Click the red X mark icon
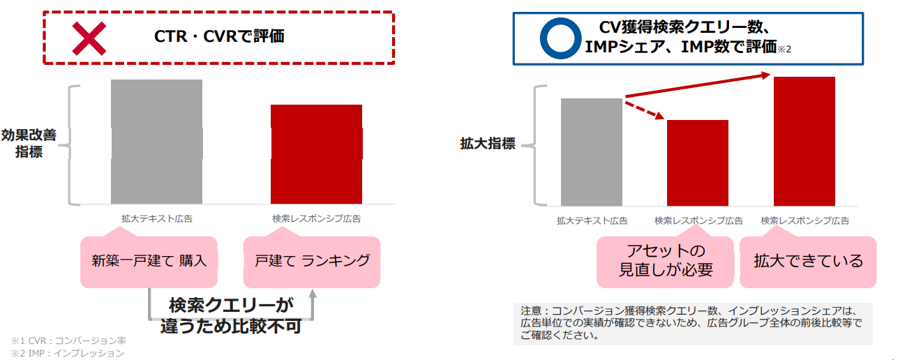click(89, 38)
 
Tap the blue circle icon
click(543, 38)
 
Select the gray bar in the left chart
click(157, 142)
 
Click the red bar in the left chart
click(316, 154)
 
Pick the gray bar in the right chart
click(592, 152)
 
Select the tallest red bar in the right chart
click(805, 141)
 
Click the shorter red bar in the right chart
click(698, 163)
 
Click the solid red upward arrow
click(698, 85)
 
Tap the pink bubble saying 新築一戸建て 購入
click(149, 262)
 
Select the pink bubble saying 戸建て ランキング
click(311, 262)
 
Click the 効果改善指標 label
click(29, 144)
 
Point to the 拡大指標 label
click(488, 144)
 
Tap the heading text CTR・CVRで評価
click(219, 36)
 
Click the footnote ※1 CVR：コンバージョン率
click(68, 340)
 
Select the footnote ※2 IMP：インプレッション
click(68, 353)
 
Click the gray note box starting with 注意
click(693, 324)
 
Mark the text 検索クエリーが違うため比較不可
click(231, 315)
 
